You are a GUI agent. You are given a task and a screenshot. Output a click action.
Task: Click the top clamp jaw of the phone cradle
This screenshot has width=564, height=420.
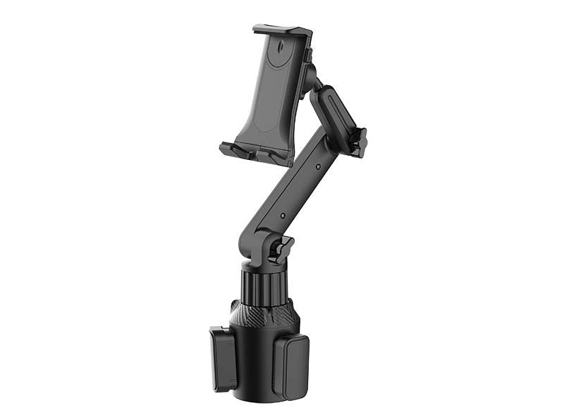(282, 31)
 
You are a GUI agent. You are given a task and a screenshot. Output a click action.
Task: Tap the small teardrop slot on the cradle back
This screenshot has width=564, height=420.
(280, 51)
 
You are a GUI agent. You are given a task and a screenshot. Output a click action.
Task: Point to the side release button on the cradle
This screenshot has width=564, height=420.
(308, 56)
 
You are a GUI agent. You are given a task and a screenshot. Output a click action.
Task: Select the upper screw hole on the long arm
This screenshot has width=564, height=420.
(318, 167)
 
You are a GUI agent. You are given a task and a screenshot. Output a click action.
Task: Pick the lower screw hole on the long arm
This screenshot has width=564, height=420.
(283, 216)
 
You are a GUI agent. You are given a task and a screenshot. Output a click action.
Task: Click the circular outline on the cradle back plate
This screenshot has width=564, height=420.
(269, 113)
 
